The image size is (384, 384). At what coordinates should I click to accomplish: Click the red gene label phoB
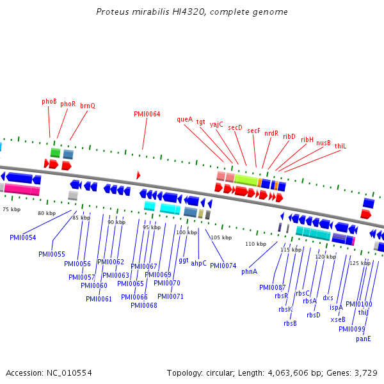[x=49, y=101]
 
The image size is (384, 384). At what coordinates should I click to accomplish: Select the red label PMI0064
[x=147, y=115]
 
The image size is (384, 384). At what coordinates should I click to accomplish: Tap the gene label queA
[x=184, y=119]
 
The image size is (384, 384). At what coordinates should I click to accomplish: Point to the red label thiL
[x=340, y=146]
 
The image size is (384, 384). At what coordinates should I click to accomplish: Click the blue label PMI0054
[x=22, y=237]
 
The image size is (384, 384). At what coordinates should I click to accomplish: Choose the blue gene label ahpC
[x=198, y=263]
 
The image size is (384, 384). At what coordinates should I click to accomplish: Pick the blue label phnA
[x=249, y=271]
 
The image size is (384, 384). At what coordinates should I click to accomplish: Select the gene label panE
[x=364, y=339]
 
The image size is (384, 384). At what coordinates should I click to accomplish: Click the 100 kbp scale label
[x=186, y=232]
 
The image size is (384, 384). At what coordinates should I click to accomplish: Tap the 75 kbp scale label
[x=11, y=209]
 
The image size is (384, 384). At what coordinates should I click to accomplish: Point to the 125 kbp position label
[x=360, y=263]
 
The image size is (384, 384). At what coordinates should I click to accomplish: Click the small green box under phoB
[x=56, y=153]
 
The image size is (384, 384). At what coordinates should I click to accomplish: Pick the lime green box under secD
[x=246, y=180]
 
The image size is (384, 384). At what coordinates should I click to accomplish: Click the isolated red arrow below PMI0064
[x=138, y=175]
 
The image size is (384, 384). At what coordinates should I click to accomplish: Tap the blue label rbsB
[x=290, y=323]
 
